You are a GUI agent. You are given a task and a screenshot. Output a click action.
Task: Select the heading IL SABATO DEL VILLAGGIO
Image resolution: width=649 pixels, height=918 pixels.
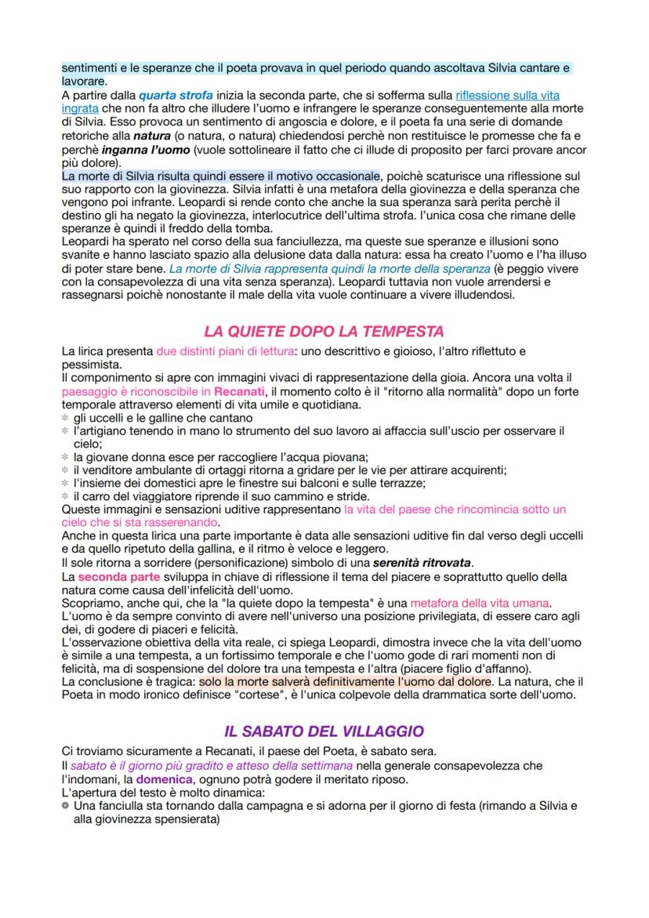tap(324, 731)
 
